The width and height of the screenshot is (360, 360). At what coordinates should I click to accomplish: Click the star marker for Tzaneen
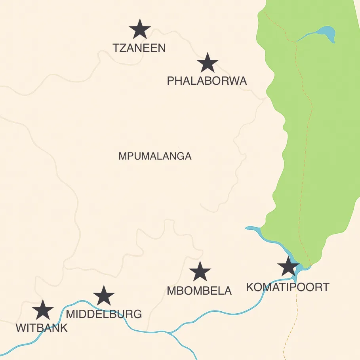[x=140, y=29]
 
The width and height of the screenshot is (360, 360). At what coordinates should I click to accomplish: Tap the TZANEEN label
[x=139, y=48]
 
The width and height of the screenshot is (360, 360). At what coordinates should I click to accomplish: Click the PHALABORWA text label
[x=207, y=81]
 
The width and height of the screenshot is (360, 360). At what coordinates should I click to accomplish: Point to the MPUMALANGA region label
[x=155, y=156]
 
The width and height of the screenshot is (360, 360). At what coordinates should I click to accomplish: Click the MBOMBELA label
[x=199, y=291]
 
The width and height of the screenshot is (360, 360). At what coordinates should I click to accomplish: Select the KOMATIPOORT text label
[x=288, y=287]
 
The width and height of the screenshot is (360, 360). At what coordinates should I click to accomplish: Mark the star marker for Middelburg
[x=104, y=295]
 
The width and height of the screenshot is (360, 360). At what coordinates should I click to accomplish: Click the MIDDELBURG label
[x=104, y=314]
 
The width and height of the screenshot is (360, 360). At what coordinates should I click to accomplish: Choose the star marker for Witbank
[x=43, y=310]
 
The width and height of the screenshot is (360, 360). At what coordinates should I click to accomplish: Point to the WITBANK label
[x=42, y=328]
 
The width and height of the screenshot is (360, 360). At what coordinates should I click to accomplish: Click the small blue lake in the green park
[x=325, y=32]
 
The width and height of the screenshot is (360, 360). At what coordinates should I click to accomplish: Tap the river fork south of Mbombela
[x=169, y=333]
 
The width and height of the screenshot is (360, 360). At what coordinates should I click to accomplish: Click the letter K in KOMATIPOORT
[x=250, y=287]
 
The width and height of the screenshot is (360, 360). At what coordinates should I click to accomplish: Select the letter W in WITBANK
[x=21, y=328]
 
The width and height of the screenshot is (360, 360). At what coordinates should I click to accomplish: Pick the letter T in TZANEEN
[x=116, y=48]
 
